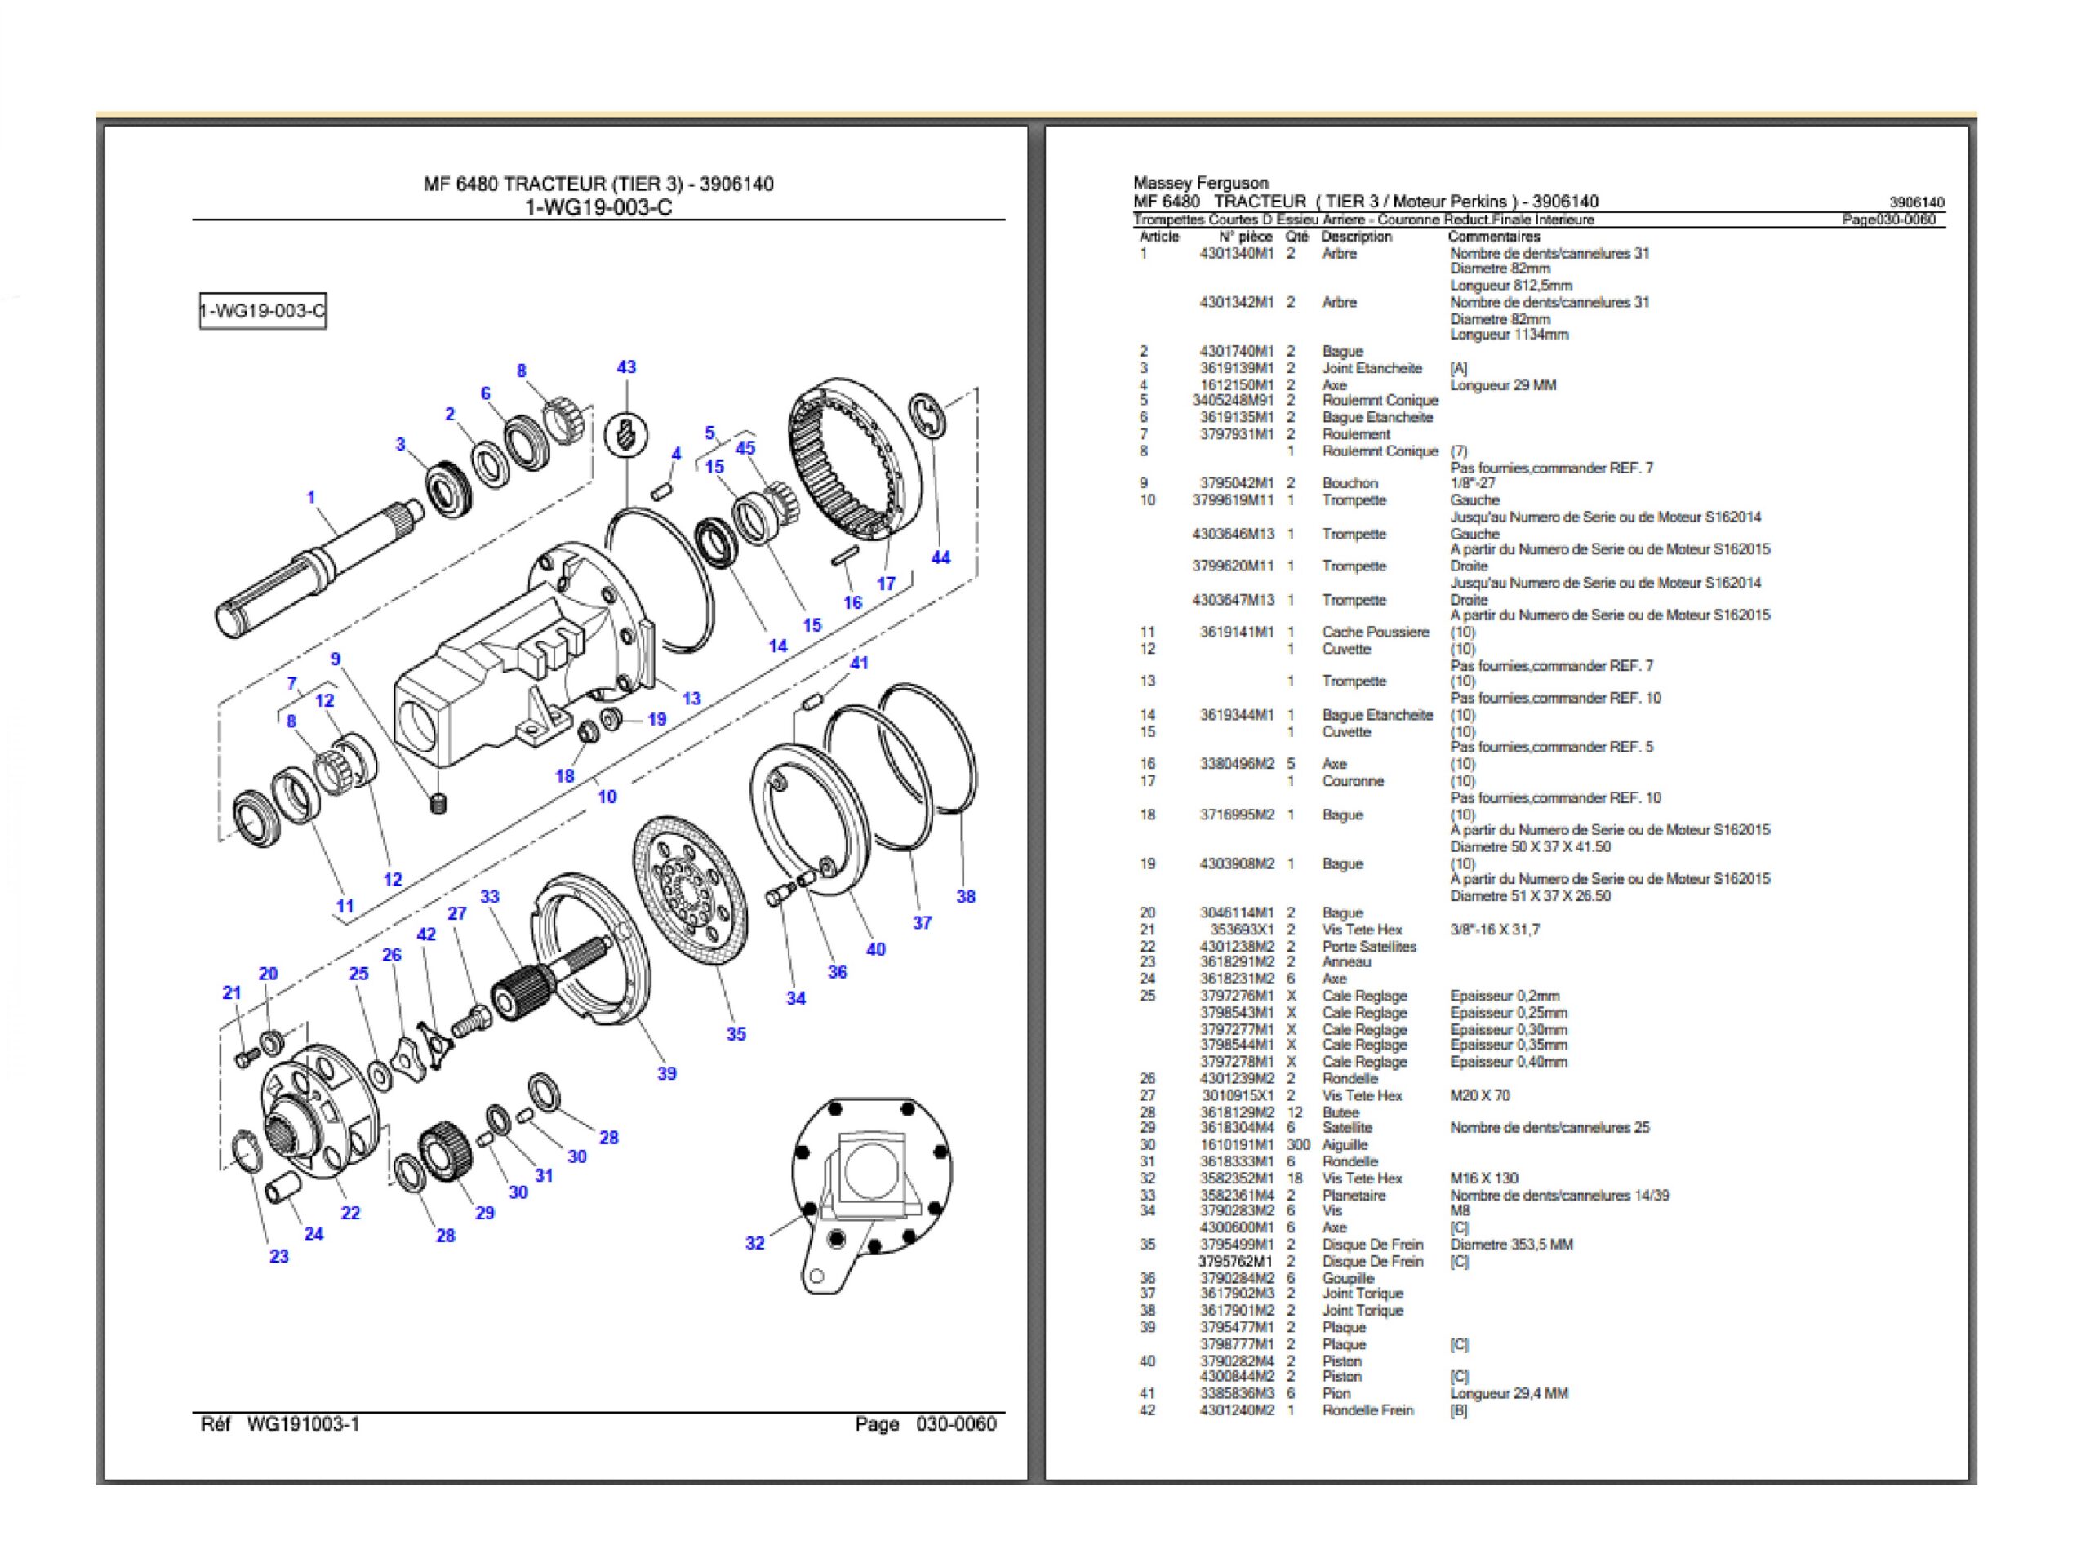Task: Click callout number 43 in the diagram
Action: (626, 366)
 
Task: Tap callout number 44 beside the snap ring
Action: (940, 557)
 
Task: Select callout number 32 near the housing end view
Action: (755, 1243)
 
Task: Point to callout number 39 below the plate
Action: (667, 1073)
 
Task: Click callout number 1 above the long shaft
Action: (312, 497)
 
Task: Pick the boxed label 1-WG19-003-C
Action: (263, 311)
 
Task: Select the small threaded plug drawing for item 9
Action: (438, 804)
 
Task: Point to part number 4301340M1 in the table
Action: (1236, 253)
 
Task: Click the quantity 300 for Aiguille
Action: (1298, 1145)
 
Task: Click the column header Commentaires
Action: (1493, 237)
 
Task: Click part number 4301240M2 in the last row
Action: (1237, 1410)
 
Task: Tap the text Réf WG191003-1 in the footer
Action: (281, 1423)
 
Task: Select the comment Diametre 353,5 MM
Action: (1511, 1244)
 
